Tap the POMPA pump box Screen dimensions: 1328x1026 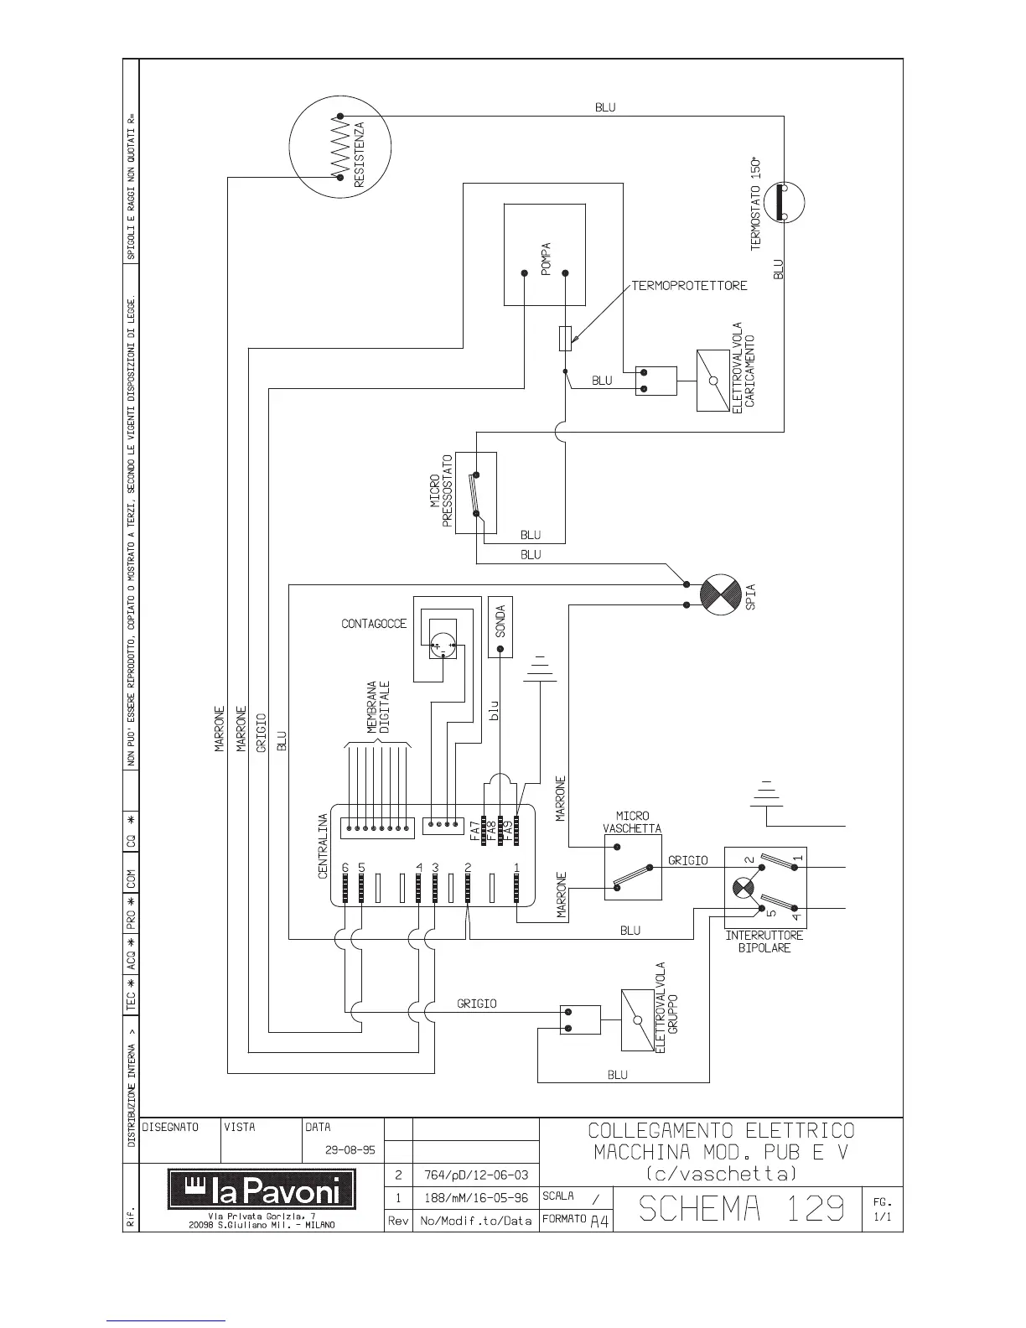pyautogui.click(x=545, y=255)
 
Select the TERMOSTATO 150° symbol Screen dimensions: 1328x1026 pyautogui.click(x=784, y=203)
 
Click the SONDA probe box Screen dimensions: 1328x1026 pyautogui.click(x=500, y=627)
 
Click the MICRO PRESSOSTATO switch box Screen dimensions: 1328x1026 pyautogui.click(x=475, y=493)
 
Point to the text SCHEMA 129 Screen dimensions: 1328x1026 pyautogui.click(x=740, y=1208)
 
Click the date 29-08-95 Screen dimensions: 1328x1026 pyautogui.click(x=350, y=1149)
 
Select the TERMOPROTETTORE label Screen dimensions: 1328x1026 pyautogui.click(x=688, y=286)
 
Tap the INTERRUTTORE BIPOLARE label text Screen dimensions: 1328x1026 pyautogui.click(x=764, y=942)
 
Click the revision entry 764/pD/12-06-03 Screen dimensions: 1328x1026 pyautogui.click(x=474, y=1175)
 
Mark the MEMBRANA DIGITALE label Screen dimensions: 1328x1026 pyautogui.click(x=379, y=708)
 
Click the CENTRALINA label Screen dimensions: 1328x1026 pyautogui.click(x=323, y=846)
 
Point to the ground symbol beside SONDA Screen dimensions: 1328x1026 pyautogui.click(x=540, y=667)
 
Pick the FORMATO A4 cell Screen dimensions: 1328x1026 pyautogui.click(x=577, y=1221)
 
